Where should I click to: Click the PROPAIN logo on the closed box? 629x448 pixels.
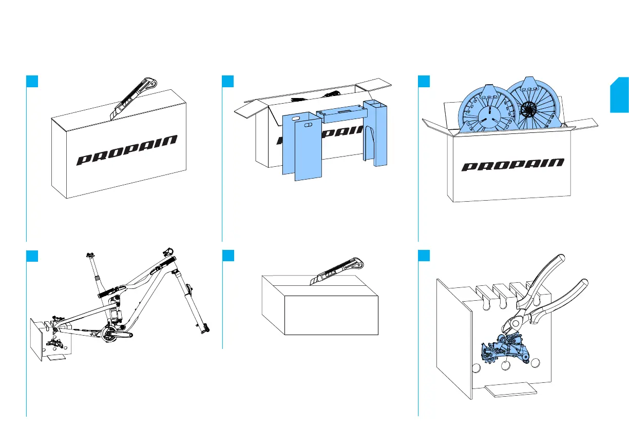127,150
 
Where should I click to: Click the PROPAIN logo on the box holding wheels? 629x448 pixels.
512,164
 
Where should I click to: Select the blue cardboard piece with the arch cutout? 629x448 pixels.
375,133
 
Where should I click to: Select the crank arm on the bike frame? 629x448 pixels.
118,334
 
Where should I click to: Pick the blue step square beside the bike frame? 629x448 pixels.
32,255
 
